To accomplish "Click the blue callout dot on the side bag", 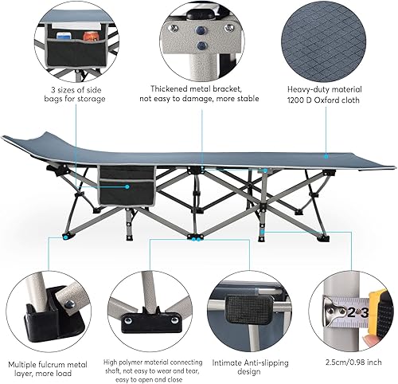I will (x=126, y=185).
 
